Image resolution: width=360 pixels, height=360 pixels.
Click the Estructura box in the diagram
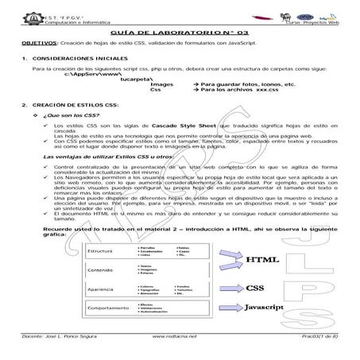coord(104,254)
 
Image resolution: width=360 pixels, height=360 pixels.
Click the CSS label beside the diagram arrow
coord(254,288)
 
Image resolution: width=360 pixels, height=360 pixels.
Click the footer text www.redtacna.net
coord(172,337)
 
